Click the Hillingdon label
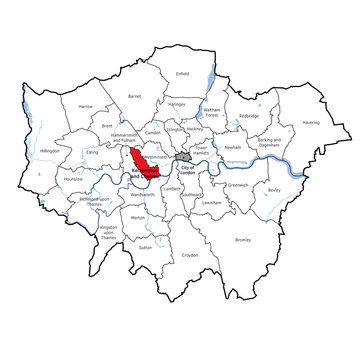49,150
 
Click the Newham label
234,147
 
